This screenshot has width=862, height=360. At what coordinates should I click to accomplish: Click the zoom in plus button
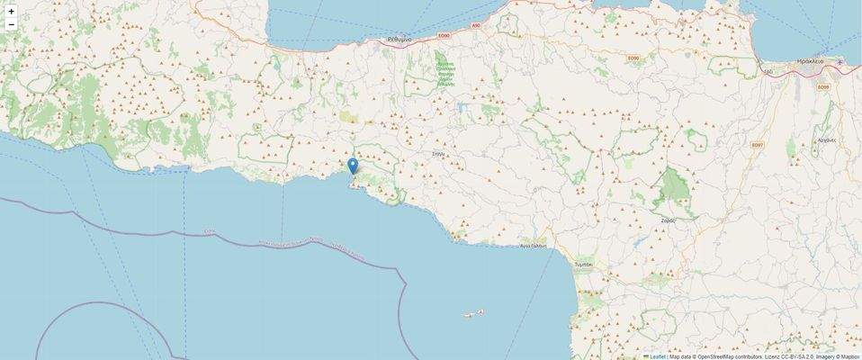pos(11,12)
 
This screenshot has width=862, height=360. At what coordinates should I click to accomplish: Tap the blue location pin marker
pos(353,166)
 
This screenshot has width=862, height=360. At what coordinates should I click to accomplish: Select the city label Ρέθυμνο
pos(399,40)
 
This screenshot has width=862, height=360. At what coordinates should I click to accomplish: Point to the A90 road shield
pos(477,26)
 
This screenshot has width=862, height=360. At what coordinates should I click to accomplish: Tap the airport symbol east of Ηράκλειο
pos(840,62)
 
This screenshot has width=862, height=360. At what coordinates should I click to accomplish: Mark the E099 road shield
pos(822,86)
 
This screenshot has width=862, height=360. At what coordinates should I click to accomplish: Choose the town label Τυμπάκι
pos(583,265)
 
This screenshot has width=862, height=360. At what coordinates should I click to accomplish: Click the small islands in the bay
pos(474,314)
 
